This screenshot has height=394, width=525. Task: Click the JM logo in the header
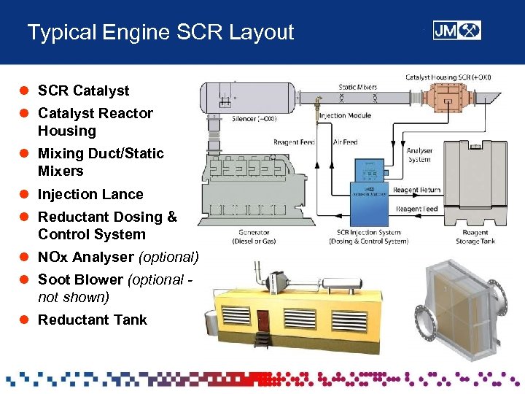[x=456, y=30]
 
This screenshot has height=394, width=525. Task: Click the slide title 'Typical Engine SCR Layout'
[x=160, y=32]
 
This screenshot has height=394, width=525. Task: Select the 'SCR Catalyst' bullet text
[x=83, y=90]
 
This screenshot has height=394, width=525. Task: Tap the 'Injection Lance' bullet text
[x=90, y=194]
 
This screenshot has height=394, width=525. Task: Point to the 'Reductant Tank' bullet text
[x=92, y=320]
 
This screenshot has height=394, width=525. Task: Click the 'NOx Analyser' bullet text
[x=86, y=257]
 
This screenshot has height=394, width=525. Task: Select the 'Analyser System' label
[x=419, y=155]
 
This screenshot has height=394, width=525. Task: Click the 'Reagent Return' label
[x=416, y=190]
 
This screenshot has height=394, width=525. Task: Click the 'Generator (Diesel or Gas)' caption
[x=252, y=236]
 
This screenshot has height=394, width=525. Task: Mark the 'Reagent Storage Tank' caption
[x=475, y=236]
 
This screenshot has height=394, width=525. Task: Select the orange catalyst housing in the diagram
[x=449, y=98]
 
